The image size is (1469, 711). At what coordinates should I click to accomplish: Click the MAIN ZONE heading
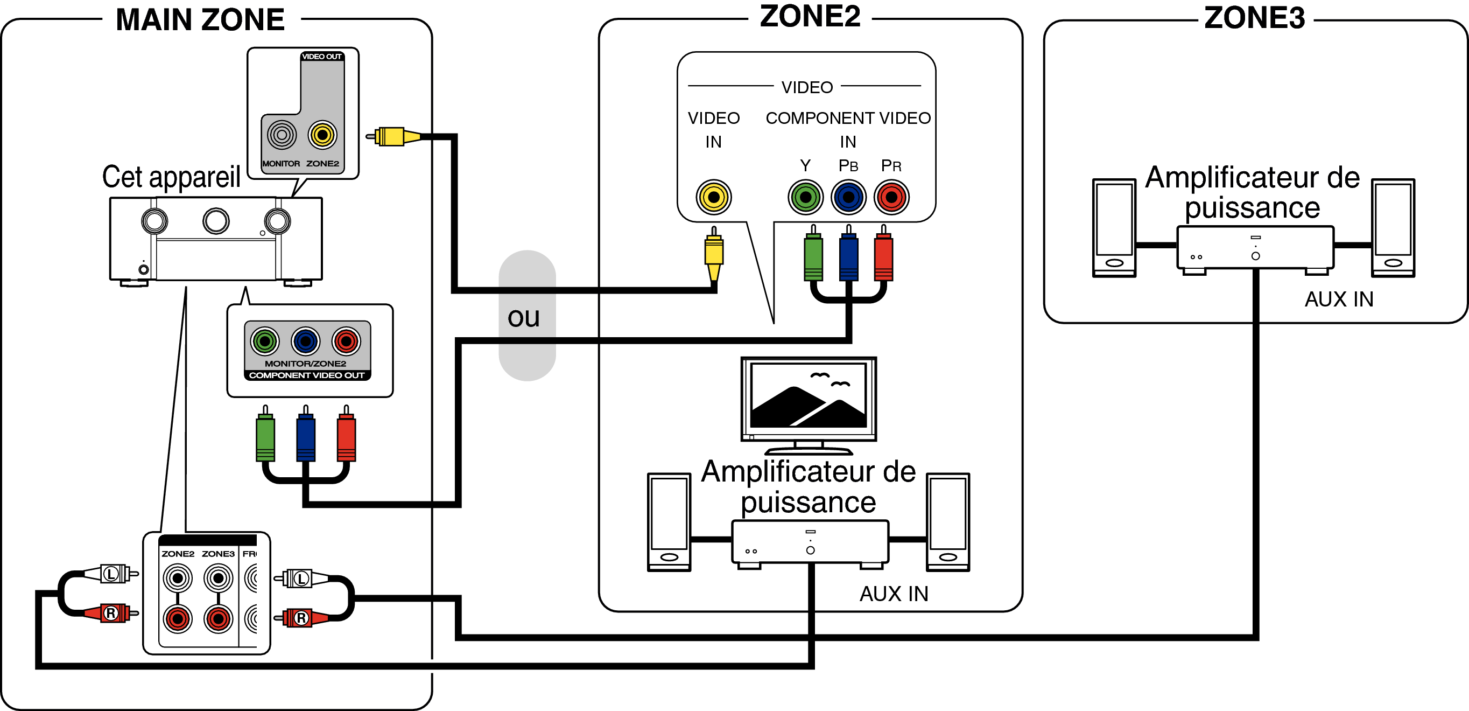tap(200, 20)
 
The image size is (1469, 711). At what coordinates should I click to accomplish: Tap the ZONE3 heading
tap(1254, 18)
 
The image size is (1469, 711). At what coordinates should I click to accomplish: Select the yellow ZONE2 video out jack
tap(322, 135)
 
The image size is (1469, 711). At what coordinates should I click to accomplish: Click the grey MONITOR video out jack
tap(282, 135)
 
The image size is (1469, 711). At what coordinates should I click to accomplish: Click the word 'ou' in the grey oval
tap(524, 317)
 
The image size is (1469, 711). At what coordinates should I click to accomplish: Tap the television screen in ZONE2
tap(809, 396)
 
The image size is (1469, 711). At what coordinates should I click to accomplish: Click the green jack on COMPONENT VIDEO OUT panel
tap(265, 341)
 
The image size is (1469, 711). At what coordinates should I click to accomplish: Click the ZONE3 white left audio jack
tap(219, 578)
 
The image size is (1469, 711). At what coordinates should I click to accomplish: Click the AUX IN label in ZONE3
tap(1339, 299)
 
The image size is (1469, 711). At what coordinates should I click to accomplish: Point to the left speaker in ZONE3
tap(1114, 228)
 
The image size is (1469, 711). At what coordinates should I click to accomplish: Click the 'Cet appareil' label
tap(171, 177)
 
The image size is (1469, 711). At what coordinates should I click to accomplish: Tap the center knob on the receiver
tap(216, 221)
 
